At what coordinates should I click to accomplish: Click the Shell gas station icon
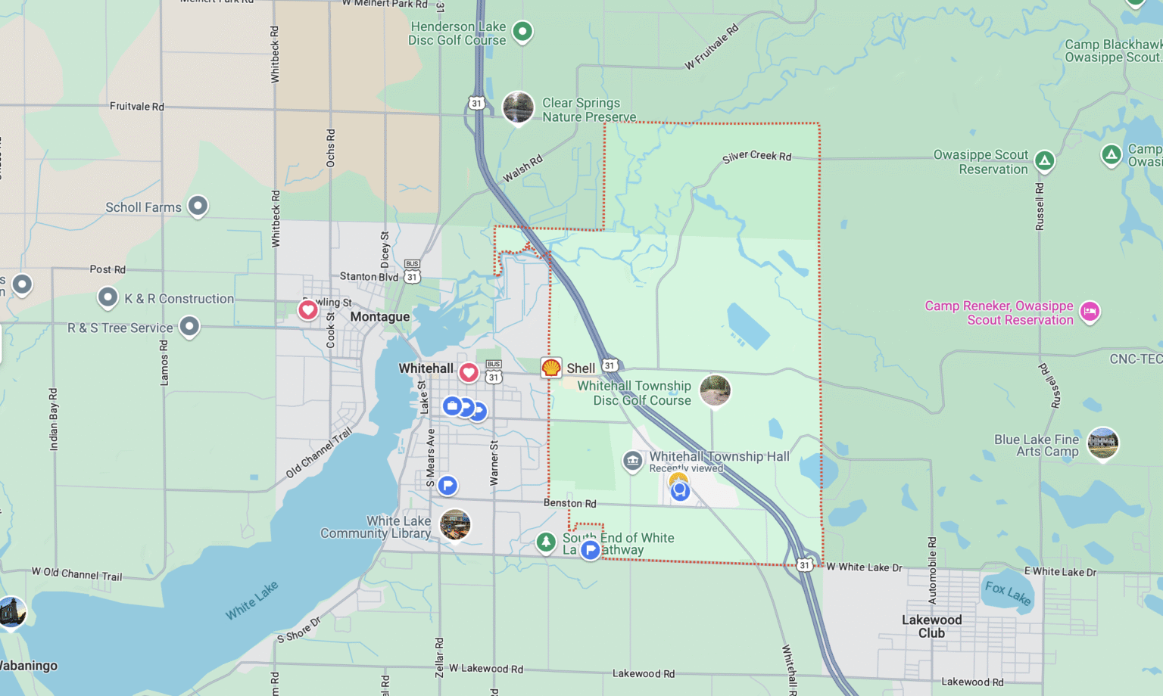(551, 368)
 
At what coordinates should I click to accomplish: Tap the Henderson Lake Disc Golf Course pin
(522, 32)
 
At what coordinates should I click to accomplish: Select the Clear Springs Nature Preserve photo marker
(519, 107)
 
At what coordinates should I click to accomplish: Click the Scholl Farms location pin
(198, 205)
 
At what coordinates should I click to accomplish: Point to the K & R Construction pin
(108, 297)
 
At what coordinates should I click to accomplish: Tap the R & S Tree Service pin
(189, 326)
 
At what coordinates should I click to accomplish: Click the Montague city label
(379, 317)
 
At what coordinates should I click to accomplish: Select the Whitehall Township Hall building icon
(632, 460)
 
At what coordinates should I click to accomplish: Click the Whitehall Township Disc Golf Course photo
(715, 390)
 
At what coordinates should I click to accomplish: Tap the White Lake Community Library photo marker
(455, 524)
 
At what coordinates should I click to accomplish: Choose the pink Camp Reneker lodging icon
(1090, 311)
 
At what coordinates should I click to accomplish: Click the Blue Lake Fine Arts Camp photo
(1102, 443)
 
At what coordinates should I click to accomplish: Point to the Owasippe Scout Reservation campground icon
(1045, 160)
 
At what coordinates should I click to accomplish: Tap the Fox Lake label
(1008, 592)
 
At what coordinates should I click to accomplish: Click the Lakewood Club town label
(931, 626)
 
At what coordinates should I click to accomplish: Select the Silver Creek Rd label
(756, 156)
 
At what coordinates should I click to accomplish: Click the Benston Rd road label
(569, 503)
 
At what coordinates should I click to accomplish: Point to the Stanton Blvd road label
(369, 276)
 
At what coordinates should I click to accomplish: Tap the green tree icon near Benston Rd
(546, 542)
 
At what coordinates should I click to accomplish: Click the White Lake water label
(251, 601)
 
